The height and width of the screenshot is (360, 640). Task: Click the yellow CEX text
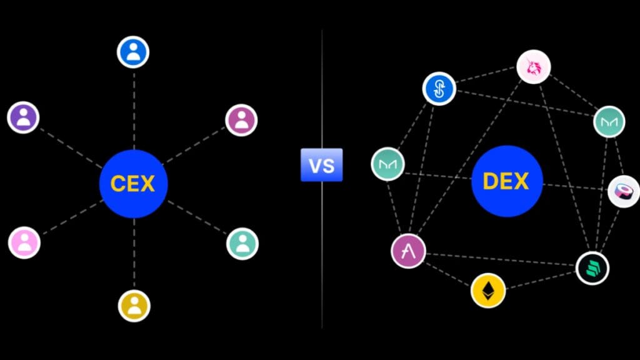pyautogui.click(x=132, y=184)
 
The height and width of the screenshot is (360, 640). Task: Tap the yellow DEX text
pyautogui.click(x=506, y=181)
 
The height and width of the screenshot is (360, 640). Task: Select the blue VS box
pyautogui.click(x=322, y=165)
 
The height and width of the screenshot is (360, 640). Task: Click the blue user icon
pyautogui.click(x=133, y=52)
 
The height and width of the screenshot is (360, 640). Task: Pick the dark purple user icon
pyautogui.click(x=23, y=117)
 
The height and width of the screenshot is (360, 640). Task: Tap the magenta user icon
pyautogui.click(x=241, y=120)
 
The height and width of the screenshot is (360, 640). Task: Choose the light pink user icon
pyautogui.click(x=24, y=242)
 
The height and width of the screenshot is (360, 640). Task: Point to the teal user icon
pyautogui.click(x=242, y=244)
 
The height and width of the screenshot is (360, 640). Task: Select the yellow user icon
pyautogui.click(x=134, y=306)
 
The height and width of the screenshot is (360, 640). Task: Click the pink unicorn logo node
pyautogui.click(x=534, y=67)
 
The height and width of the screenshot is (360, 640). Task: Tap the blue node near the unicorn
pyautogui.click(x=439, y=89)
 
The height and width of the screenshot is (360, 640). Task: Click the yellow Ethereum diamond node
pyautogui.click(x=488, y=291)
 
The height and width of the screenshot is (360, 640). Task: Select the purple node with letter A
pyautogui.click(x=408, y=251)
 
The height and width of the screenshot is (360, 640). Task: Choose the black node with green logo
pyautogui.click(x=592, y=268)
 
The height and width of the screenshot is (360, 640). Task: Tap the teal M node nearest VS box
pyautogui.click(x=387, y=164)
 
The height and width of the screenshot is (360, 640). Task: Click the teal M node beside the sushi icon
pyautogui.click(x=609, y=122)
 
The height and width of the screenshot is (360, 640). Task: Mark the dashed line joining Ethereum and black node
pyautogui.click(x=541, y=280)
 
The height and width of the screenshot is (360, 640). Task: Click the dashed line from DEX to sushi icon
pyautogui.click(x=575, y=186)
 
